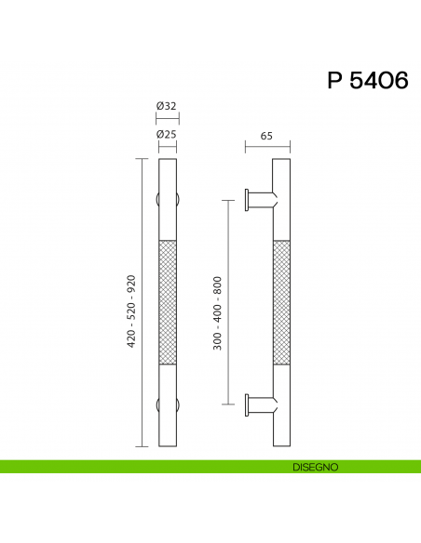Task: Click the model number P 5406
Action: pos(367,81)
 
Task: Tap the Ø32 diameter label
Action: pos(167,106)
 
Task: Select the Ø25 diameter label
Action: pos(167,135)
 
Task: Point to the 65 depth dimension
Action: pos(266,135)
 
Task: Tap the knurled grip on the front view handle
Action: pos(167,302)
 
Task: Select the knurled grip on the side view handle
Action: pos(281,302)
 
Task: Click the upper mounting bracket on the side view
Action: pos(260,199)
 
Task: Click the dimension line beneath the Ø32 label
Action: pos(167,117)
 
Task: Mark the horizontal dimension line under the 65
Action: pos(267,145)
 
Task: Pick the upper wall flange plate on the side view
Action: pos(247,199)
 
